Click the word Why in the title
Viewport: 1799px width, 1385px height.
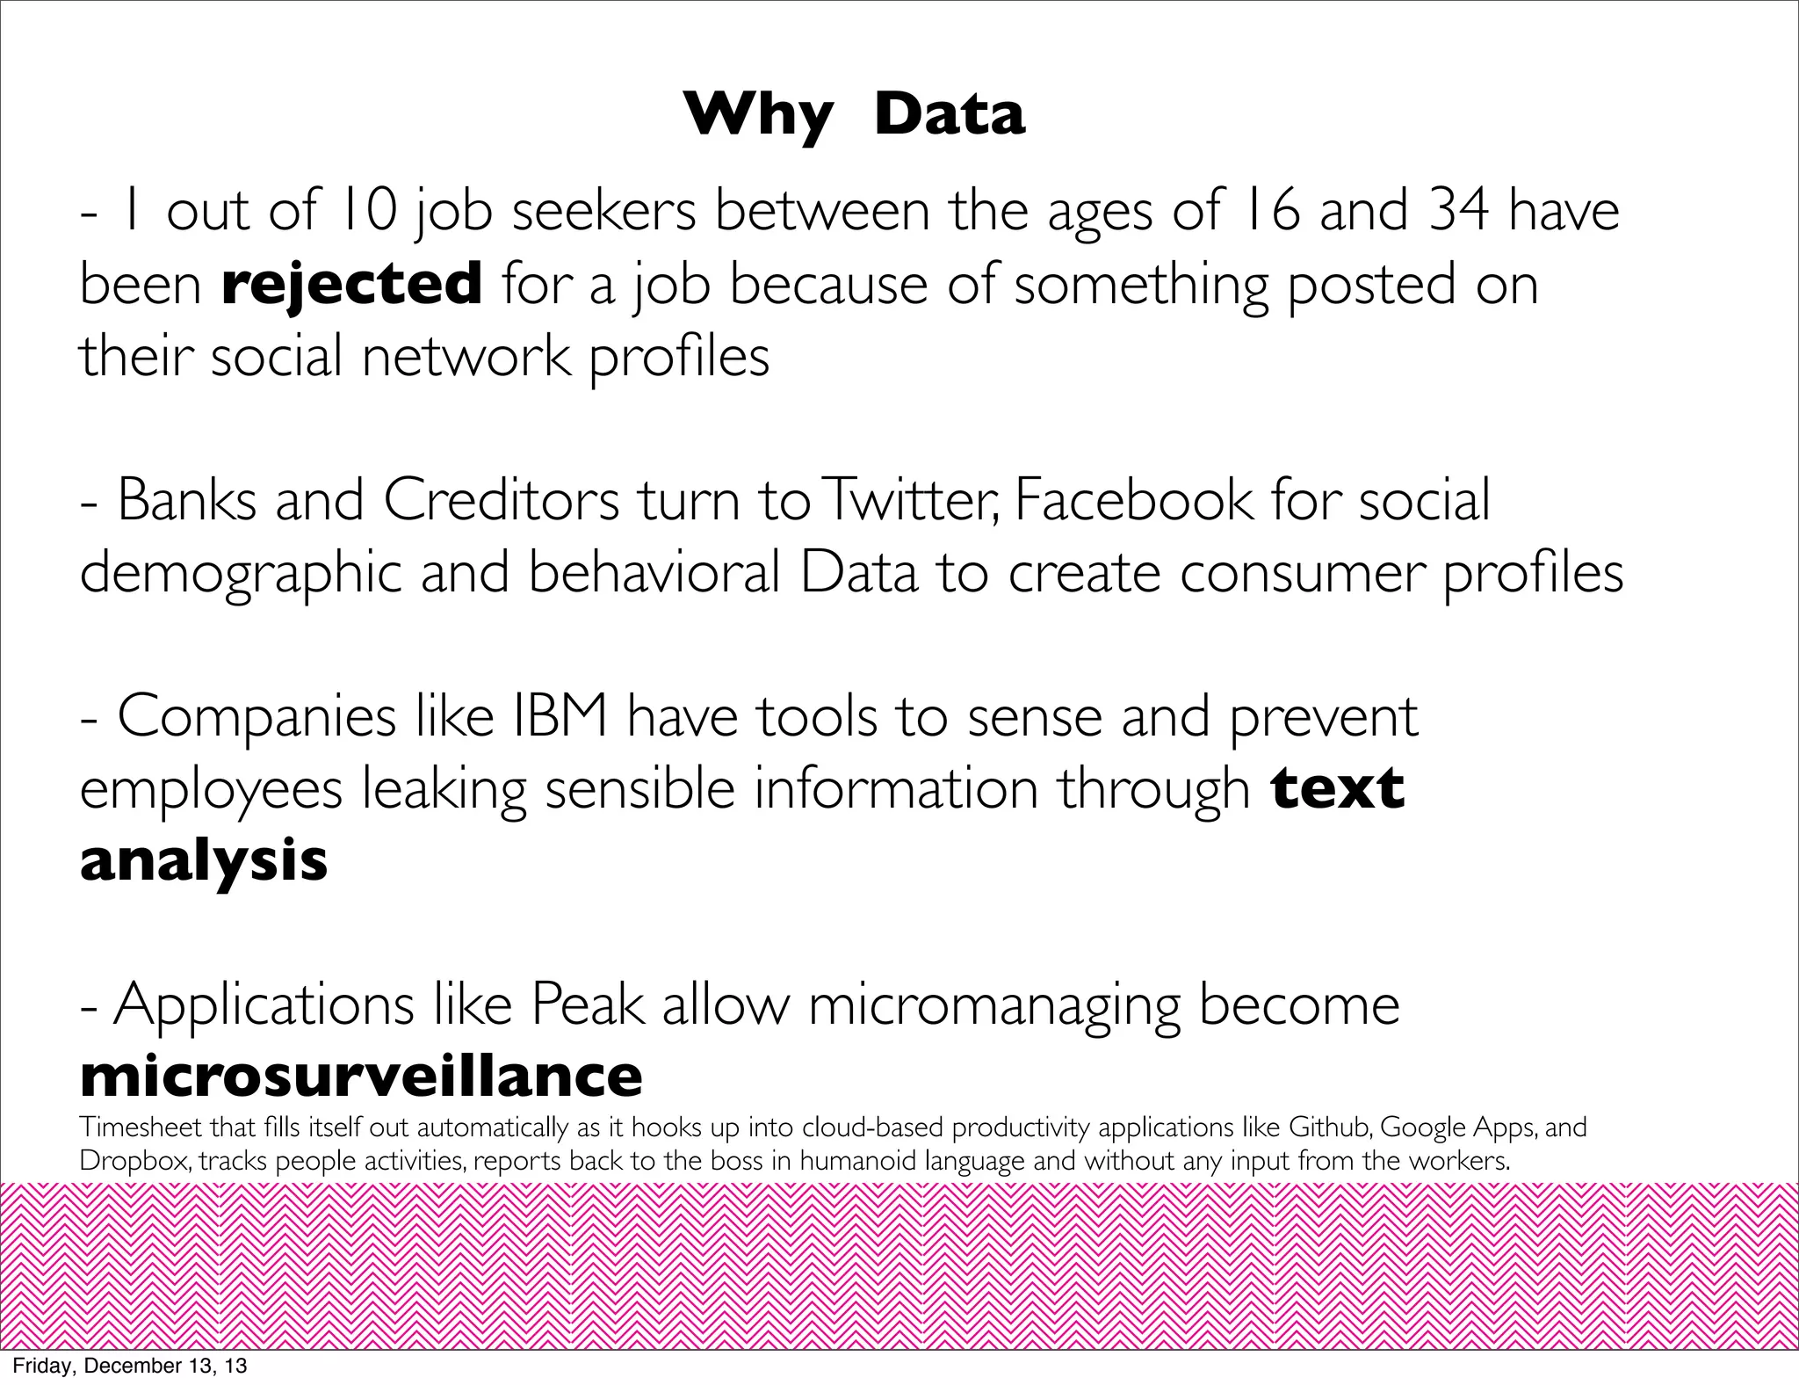(x=758, y=116)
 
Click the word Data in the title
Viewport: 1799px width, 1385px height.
(x=950, y=114)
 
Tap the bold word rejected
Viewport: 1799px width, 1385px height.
(x=351, y=285)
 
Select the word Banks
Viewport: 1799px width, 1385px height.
(x=187, y=501)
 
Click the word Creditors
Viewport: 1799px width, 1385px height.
(x=501, y=501)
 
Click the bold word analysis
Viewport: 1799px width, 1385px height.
(x=204, y=860)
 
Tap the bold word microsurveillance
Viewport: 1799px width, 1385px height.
(x=361, y=1077)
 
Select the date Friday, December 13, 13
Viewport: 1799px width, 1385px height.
(x=129, y=1366)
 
